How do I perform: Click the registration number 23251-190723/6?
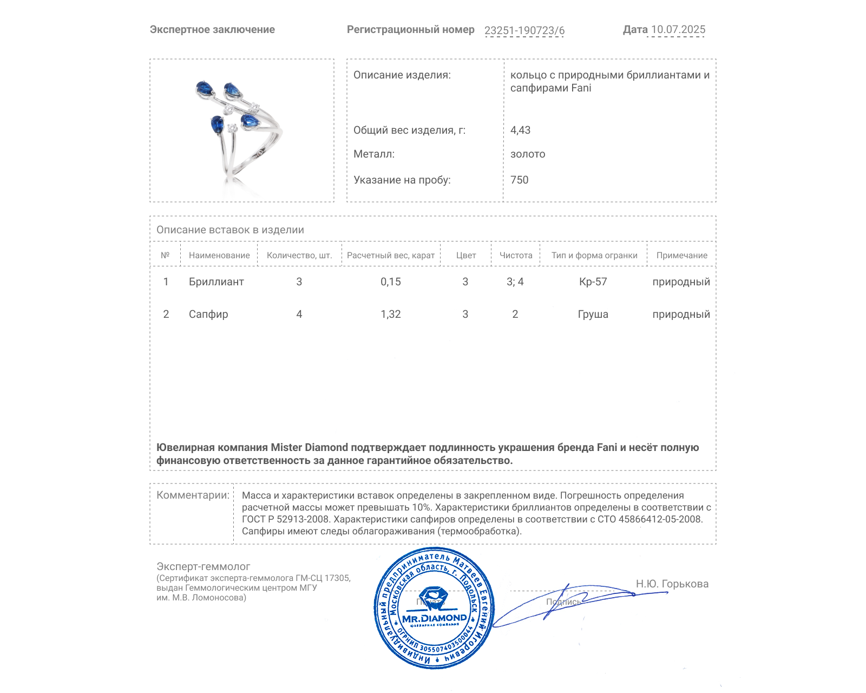tap(524, 30)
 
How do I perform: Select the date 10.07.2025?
tap(678, 30)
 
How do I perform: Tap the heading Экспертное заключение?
tap(212, 30)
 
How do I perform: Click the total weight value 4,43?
tap(520, 130)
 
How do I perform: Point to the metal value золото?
tap(527, 154)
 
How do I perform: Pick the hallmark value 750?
tap(519, 180)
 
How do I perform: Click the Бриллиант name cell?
tap(216, 282)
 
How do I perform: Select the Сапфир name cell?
tap(208, 314)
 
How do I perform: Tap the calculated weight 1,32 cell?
tap(390, 314)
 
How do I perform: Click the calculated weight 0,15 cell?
tap(390, 282)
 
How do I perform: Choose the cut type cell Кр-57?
tap(593, 282)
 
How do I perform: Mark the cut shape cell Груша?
tap(593, 314)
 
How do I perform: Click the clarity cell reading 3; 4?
tap(515, 282)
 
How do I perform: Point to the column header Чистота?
tap(515, 255)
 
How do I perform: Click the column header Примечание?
tap(681, 255)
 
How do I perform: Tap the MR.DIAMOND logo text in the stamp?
tap(434, 618)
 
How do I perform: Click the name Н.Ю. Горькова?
tap(672, 584)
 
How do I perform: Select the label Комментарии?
tap(193, 495)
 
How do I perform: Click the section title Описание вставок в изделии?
tap(230, 230)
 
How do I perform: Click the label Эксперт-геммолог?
tap(203, 566)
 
